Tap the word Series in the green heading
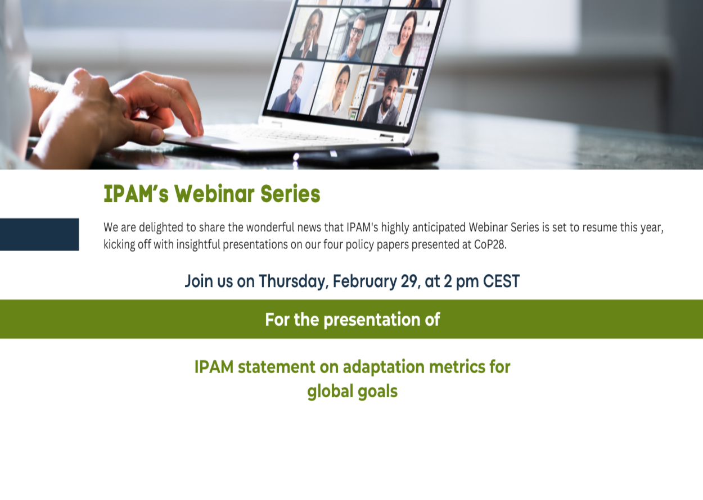290,194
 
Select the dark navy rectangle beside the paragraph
39,234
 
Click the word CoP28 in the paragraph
490,244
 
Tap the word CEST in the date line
501,281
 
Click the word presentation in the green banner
372,320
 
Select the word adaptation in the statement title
384,367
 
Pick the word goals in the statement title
377,392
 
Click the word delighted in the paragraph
161,228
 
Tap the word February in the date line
364,281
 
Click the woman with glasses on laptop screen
307,34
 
